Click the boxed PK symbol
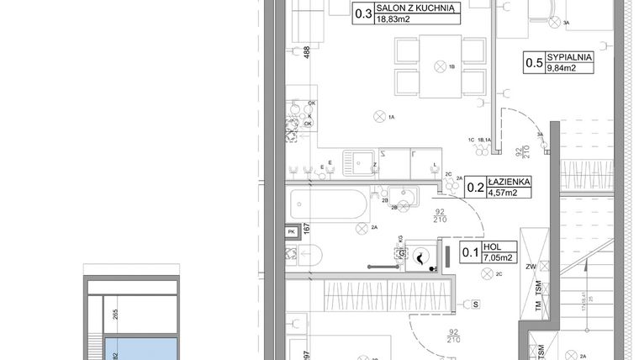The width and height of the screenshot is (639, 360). tap(291, 230)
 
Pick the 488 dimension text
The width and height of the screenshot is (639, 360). tap(306, 53)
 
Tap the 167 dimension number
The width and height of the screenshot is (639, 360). tap(307, 230)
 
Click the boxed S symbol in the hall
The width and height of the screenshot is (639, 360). tap(476, 304)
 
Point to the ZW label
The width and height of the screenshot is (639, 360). tap(531, 268)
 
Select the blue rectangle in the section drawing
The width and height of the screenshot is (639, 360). tap(141, 348)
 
